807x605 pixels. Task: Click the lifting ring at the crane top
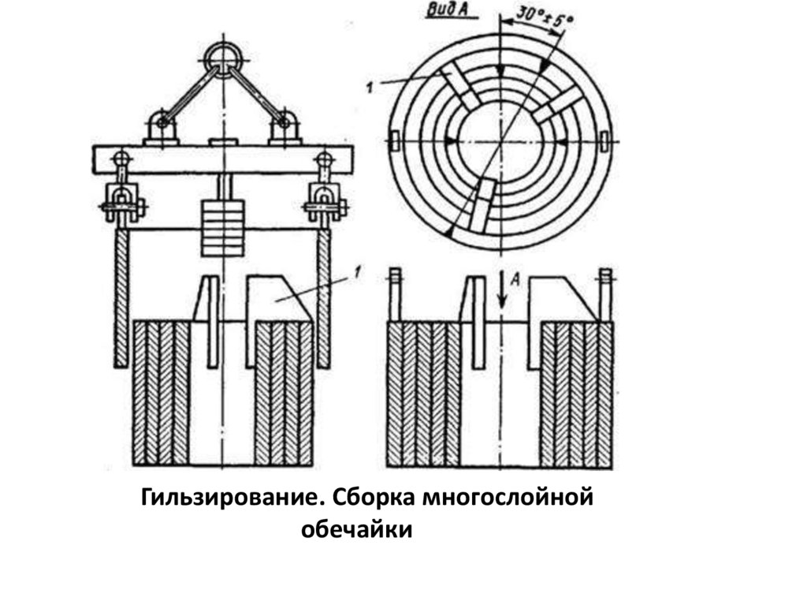click(x=220, y=57)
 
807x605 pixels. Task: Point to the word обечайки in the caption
click(x=357, y=530)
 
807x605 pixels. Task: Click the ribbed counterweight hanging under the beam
click(x=223, y=227)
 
